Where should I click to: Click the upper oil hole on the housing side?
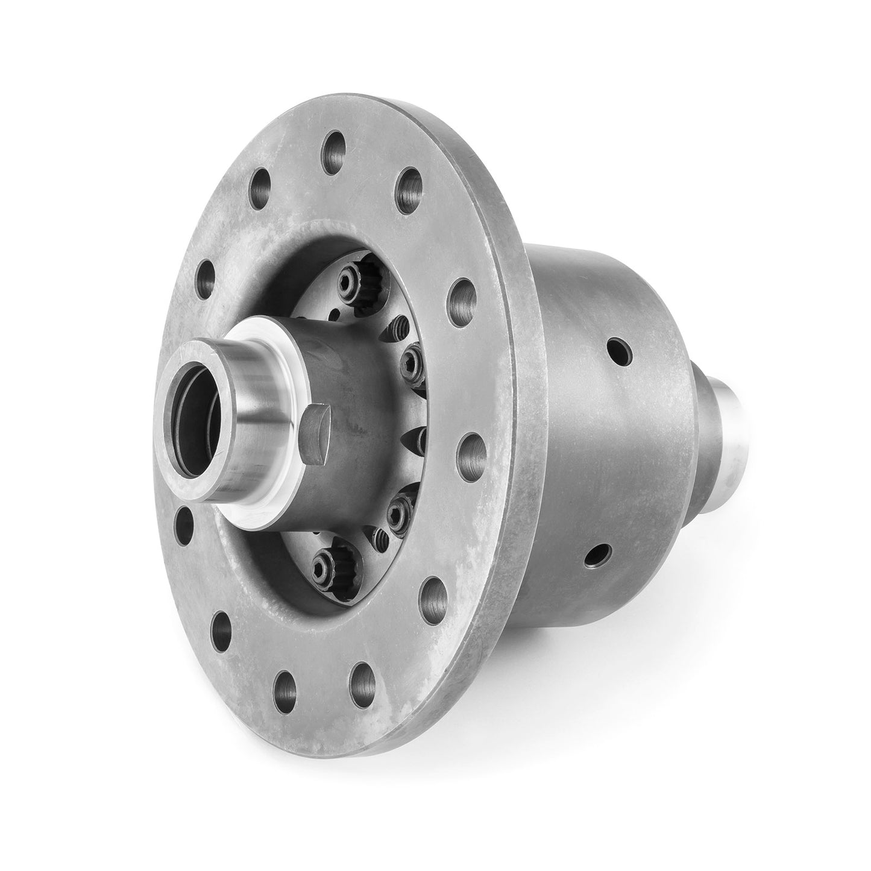click(619, 350)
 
